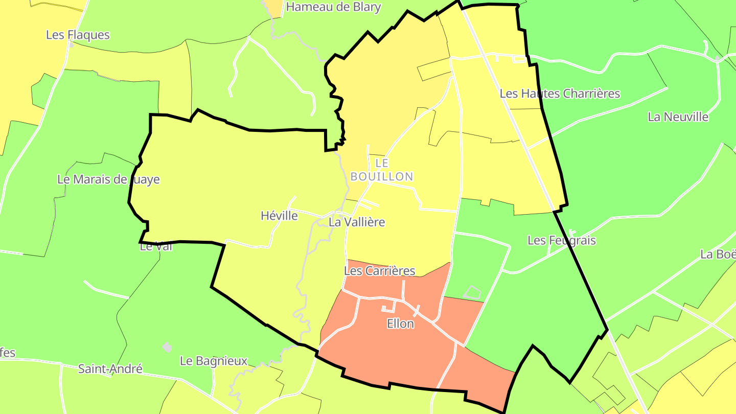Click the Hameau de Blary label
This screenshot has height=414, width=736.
pyautogui.click(x=333, y=7)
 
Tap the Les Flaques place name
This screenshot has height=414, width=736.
pyautogui.click(x=78, y=35)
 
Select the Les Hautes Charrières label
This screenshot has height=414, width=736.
pyautogui.click(x=560, y=94)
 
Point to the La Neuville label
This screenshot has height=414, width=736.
pyautogui.click(x=678, y=117)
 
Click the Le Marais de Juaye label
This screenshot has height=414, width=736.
pyautogui.click(x=108, y=179)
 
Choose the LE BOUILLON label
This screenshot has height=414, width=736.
pyautogui.click(x=382, y=170)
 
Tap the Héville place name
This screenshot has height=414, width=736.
pyautogui.click(x=279, y=216)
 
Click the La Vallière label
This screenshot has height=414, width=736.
pyautogui.click(x=357, y=222)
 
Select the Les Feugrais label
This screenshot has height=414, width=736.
pyautogui.click(x=562, y=240)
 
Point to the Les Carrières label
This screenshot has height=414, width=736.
pyautogui.click(x=380, y=270)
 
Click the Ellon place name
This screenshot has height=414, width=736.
pyautogui.click(x=400, y=324)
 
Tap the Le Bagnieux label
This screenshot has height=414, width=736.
pyautogui.click(x=214, y=361)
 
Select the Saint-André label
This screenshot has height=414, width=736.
pyautogui.click(x=110, y=369)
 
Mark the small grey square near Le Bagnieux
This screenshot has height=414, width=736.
pyautogui.click(x=167, y=347)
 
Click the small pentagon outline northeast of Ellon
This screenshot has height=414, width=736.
pyautogui.click(x=473, y=292)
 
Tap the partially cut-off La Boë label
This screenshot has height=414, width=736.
pyautogui.click(x=718, y=254)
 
